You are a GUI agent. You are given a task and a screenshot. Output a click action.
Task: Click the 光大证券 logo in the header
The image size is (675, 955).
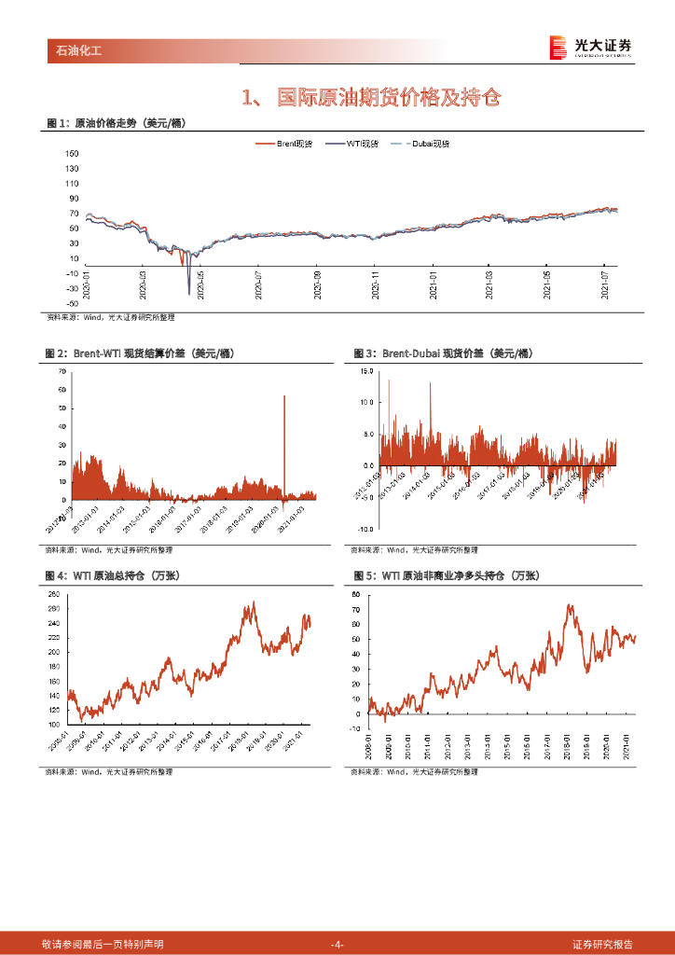pos(590,47)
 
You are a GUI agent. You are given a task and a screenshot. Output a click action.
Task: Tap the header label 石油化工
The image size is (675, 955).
pos(75,50)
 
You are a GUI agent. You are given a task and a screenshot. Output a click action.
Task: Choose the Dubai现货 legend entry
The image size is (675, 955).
pos(428,144)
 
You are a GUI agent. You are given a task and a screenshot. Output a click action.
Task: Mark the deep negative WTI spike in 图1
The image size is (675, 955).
pos(189,291)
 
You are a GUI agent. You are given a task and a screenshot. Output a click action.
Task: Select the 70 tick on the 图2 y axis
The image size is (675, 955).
pos(62,371)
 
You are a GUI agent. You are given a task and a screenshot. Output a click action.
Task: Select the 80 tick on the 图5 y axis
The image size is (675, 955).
pos(356,594)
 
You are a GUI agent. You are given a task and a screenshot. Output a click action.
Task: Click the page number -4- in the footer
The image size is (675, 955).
pos(337,945)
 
